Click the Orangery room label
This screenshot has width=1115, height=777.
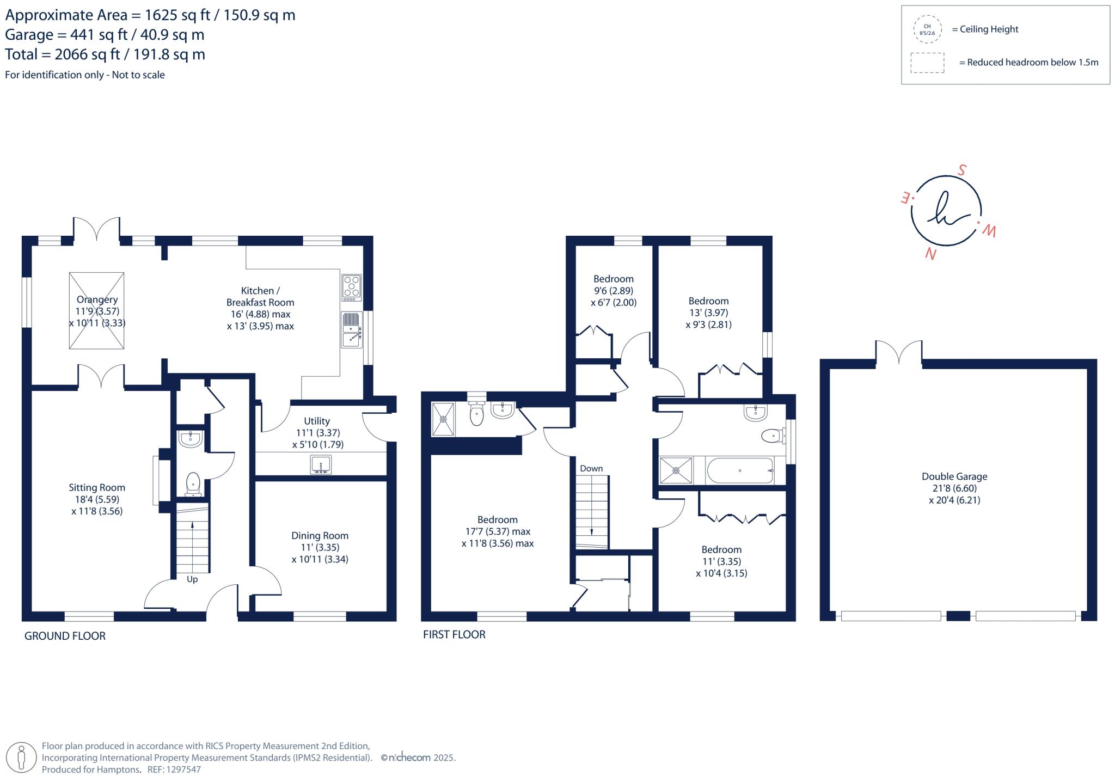pyautogui.click(x=97, y=311)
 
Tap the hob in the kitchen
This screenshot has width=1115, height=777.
pyautogui.click(x=351, y=287)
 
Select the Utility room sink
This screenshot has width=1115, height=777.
pyautogui.click(x=321, y=465)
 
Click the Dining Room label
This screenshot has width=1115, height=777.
pyautogui.click(x=320, y=547)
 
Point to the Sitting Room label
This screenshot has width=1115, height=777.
pyautogui.click(x=97, y=499)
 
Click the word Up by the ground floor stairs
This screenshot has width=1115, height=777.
pyautogui.click(x=192, y=579)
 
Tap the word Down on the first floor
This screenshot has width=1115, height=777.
pyautogui.click(x=591, y=468)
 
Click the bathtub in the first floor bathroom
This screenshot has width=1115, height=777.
pyautogui.click(x=739, y=470)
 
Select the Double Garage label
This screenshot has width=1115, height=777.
pyautogui.click(x=954, y=488)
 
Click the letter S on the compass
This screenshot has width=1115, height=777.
pyautogui.click(x=962, y=170)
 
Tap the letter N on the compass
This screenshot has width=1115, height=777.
pyautogui.click(x=930, y=254)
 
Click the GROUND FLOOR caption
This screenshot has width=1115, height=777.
pyautogui.click(x=65, y=635)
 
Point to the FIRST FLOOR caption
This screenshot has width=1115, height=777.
pyautogui.click(x=454, y=634)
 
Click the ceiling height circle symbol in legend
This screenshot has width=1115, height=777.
pyautogui.click(x=927, y=29)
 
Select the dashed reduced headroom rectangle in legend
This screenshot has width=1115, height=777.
pyautogui.click(x=927, y=63)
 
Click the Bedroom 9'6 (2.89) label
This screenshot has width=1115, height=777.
pyautogui.click(x=614, y=291)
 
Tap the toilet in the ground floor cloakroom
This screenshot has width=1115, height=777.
pyautogui.click(x=193, y=484)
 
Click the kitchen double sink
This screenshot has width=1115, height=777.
pyautogui.click(x=352, y=329)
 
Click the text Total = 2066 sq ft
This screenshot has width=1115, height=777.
pyautogui.click(x=105, y=54)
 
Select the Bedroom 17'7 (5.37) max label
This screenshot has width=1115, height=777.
pyautogui.click(x=498, y=531)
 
